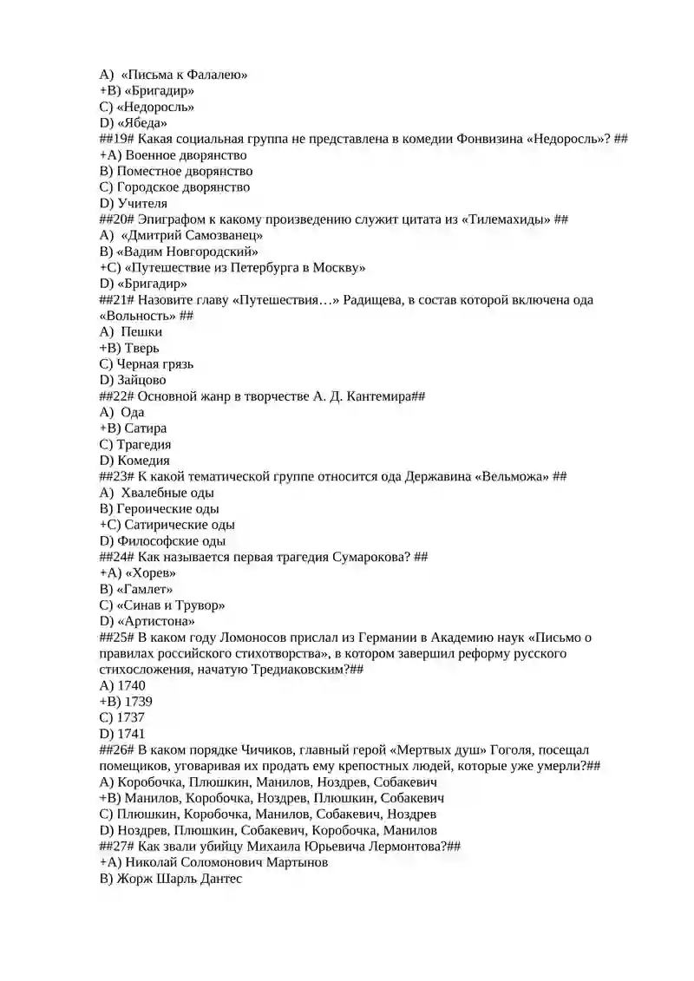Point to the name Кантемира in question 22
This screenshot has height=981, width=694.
[374, 396]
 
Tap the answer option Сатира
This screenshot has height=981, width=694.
[146, 428]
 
